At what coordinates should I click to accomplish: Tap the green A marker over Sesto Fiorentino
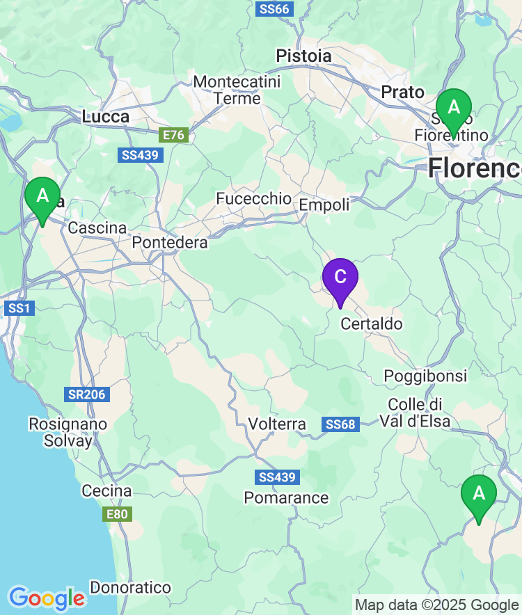click(x=454, y=109)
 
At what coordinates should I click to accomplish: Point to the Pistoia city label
click(x=303, y=55)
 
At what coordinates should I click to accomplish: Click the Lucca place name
click(x=106, y=117)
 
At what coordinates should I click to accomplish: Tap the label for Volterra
click(x=277, y=424)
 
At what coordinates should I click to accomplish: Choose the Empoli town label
click(x=324, y=205)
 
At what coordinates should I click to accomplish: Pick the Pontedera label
click(x=170, y=243)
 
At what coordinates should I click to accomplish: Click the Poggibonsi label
click(x=426, y=376)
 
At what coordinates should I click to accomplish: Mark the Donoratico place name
click(x=131, y=588)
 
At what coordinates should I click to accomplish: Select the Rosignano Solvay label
click(x=68, y=432)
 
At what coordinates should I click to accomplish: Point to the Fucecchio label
click(x=254, y=199)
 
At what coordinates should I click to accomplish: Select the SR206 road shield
click(x=87, y=394)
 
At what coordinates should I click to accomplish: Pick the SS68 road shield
click(x=341, y=424)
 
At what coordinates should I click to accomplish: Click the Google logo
click(x=47, y=598)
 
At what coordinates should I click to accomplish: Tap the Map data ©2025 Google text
click(x=436, y=605)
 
